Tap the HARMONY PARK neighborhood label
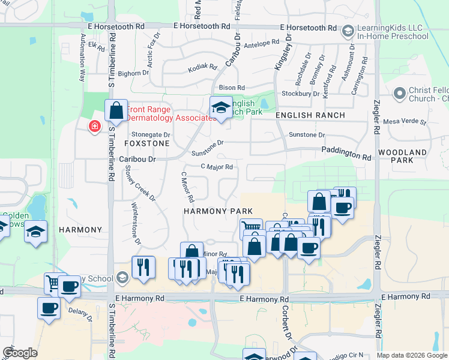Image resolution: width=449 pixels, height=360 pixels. pos(214,211)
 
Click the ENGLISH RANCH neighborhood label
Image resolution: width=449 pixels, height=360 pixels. pos(310,115)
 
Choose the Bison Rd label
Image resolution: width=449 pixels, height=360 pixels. pos(232,88)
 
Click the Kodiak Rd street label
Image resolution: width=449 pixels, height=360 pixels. pos(202,67)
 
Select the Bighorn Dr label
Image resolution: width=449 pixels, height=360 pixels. pos(133,73)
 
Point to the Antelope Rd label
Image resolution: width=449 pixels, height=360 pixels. pos(263,43)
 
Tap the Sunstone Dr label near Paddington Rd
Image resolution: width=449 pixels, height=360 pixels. pos(307,135)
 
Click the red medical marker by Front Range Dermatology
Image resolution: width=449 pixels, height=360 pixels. pos(94,126)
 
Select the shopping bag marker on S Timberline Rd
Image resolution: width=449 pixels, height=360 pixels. pos(116,110)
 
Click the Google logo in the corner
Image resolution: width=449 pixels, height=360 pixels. pos(20,353)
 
